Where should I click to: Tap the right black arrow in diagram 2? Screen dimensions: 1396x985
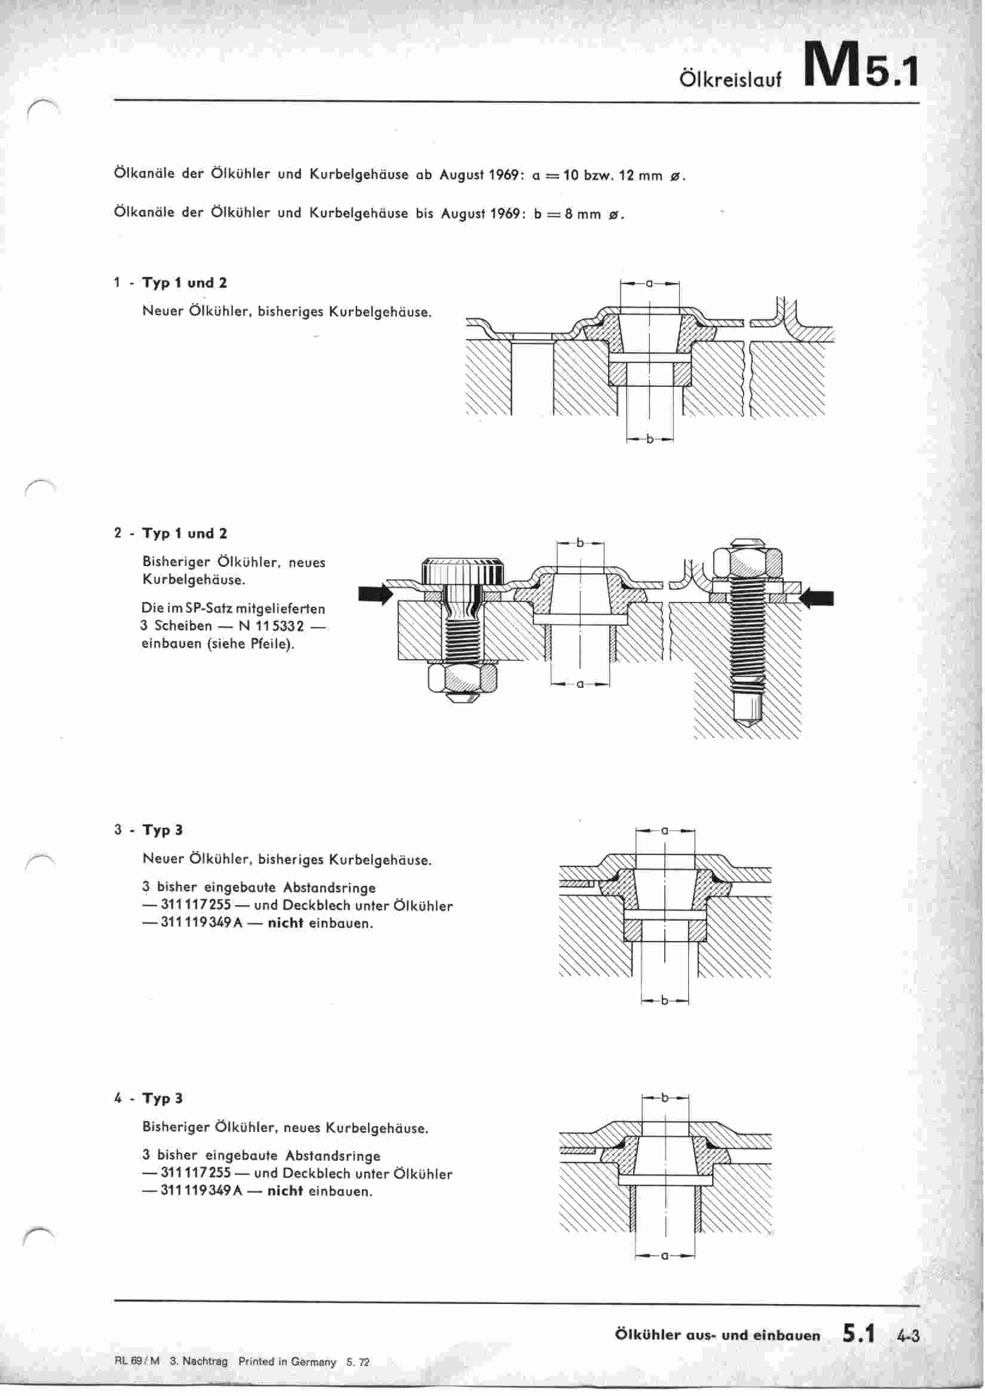click(817, 599)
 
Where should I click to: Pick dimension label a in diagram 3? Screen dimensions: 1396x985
click(665, 830)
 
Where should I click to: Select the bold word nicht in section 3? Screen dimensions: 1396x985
click(285, 923)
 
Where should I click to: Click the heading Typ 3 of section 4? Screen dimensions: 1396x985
click(162, 1098)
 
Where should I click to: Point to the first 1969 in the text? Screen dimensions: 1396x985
click(502, 176)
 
